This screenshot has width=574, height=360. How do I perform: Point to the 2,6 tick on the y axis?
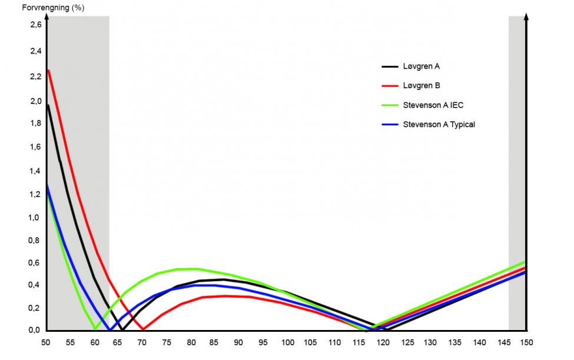tap(35, 25)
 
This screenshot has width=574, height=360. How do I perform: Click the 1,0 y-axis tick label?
tap(35, 218)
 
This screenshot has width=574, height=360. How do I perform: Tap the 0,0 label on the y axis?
tap(35, 330)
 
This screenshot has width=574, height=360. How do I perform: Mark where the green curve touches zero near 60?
tap(94, 329)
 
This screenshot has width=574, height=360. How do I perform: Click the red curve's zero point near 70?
tap(143, 329)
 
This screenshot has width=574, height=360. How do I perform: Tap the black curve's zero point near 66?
tap(122, 329)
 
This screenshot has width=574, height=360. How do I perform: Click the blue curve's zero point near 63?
tap(109, 329)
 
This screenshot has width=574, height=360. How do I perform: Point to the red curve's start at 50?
tap(48, 70)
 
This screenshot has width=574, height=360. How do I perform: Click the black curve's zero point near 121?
tap(385, 329)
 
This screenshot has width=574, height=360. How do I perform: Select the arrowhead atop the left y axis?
tap(47, 16)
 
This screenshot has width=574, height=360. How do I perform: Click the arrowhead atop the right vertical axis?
tap(526, 16)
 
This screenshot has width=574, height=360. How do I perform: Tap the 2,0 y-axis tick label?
tap(35, 101)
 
